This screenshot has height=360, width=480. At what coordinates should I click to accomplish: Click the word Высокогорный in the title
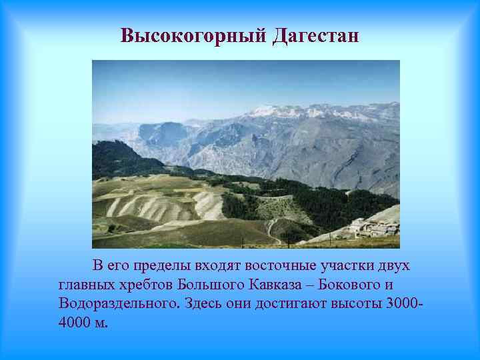194,35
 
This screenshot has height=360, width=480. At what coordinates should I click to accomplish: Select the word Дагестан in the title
315,35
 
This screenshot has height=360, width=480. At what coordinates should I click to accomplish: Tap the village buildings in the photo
373,228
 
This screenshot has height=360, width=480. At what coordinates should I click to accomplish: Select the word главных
83,285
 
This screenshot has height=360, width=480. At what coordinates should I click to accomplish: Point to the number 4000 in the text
73,323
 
